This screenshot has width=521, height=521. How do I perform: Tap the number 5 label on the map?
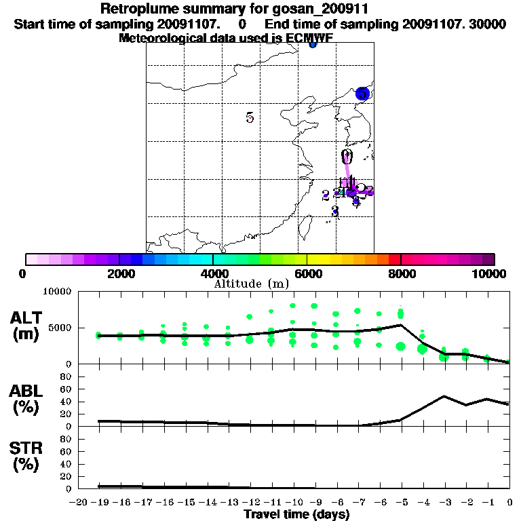tap(250, 117)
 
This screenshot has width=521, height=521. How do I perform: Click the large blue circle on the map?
tap(363, 94)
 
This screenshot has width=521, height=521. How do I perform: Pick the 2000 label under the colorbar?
tap(119, 273)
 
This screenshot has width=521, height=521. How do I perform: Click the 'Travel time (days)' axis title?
tap(296, 515)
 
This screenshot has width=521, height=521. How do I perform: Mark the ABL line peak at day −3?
tap(444, 396)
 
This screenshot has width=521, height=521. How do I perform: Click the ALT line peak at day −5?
tap(401, 325)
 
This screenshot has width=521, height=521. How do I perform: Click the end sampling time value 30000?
tap(487, 24)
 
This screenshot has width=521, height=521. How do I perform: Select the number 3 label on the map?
tap(334, 210)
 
